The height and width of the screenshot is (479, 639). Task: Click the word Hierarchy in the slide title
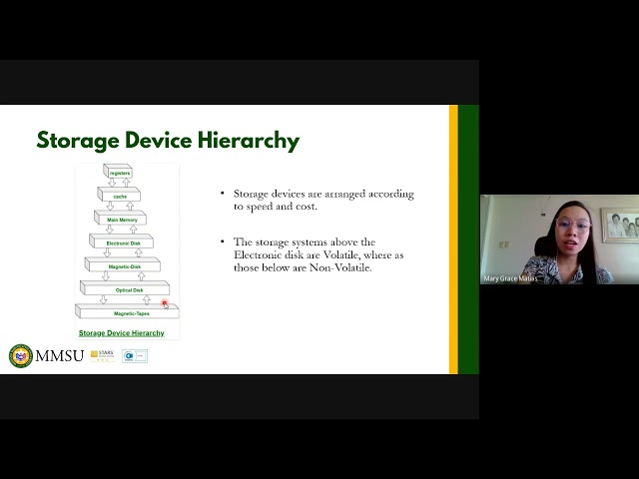click(246, 141)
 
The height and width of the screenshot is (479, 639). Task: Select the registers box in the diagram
click(119, 174)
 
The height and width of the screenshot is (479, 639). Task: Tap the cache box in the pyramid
click(120, 195)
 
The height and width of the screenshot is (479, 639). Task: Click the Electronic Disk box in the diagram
click(121, 242)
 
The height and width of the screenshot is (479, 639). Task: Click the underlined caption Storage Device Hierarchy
click(122, 332)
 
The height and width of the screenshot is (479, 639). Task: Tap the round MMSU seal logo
click(20, 355)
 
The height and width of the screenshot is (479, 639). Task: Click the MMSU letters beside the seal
click(60, 356)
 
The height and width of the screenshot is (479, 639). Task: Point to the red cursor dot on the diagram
click(165, 302)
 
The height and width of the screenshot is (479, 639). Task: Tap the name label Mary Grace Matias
click(510, 278)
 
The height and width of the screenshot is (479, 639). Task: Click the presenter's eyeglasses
click(574, 228)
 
